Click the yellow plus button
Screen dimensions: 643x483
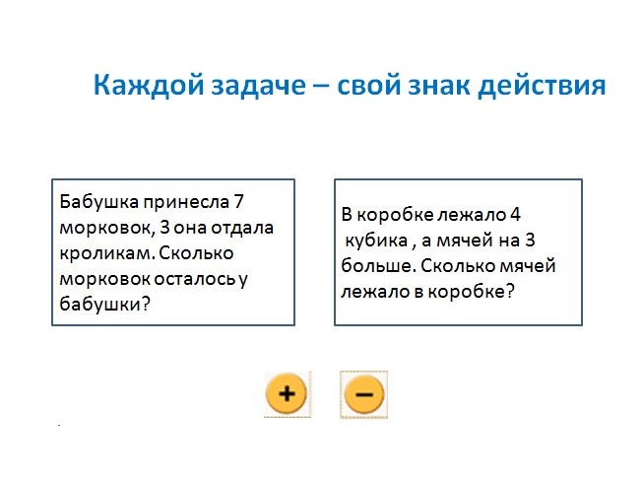[x=287, y=393]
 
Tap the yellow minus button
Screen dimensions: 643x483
[x=364, y=394]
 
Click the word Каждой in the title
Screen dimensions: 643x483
[x=149, y=86]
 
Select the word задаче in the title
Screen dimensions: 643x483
[x=258, y=86]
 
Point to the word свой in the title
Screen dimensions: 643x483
[x=368, y=86]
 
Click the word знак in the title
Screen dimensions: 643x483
[x=439, y=86]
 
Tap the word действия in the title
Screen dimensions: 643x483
[x=542, y=86]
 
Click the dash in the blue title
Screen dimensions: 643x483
[x=321, y=86]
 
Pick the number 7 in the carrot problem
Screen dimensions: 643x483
[x=238, y=201]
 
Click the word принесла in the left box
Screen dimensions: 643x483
[x=186, y=203]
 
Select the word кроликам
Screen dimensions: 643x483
[x=107, y=254]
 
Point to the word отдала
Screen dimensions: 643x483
[x=242, y=228]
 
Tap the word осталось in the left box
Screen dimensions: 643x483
[x=195, y=280]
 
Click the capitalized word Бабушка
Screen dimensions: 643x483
[x=98, y=202]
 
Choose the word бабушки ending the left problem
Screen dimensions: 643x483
[x=100, y=305]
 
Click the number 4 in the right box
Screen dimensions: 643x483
[x=515, y=215]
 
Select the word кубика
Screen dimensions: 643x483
[x=376, y=241]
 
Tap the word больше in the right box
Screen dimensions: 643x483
[x=378, y=266]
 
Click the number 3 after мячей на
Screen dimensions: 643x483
[x=530, y=241]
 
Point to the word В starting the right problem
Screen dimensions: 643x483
[x=347, y=215]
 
